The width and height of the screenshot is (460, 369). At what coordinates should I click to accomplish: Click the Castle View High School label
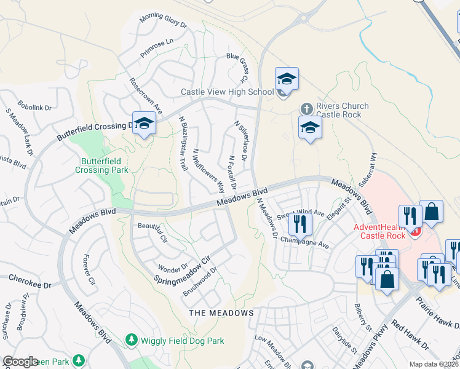pos(226,92)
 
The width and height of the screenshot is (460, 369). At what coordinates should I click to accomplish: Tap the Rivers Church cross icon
pos(306,109)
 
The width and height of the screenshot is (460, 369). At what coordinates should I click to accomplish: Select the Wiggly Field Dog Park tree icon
pos(130,339)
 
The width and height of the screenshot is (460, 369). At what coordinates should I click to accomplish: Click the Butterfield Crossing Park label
pos(101,165)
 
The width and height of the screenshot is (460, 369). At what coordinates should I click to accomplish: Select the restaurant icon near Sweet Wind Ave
pos(299,223)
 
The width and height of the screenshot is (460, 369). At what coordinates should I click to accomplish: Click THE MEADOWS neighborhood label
pos(221,313)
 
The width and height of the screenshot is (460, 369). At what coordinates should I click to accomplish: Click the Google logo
pos(20,362)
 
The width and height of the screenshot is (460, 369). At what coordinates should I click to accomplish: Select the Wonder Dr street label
pos(172,268)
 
